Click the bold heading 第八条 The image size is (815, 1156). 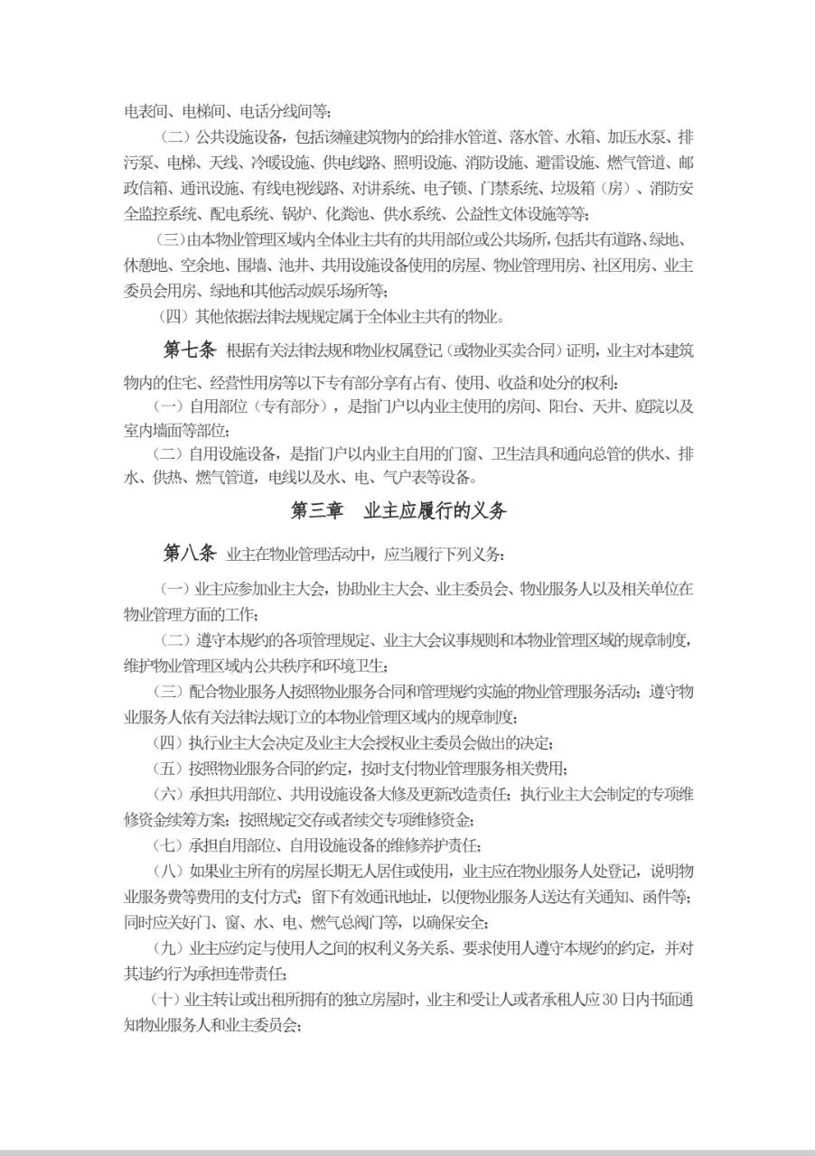[x=190, y=552]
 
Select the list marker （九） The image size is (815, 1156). [x=170, y=949]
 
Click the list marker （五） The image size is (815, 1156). [x=170, y=769]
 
